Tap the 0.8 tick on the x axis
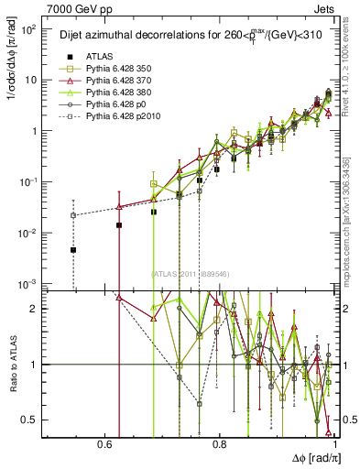(x=220, y=444)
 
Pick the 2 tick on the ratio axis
(x=38, y=309)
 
